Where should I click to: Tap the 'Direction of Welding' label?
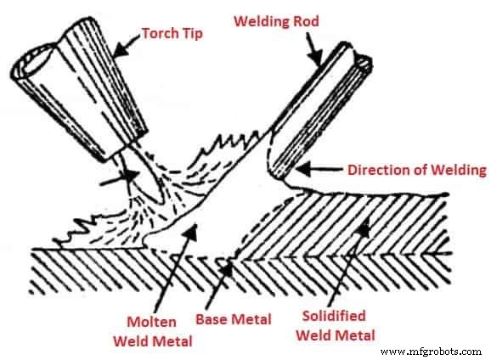417,170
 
